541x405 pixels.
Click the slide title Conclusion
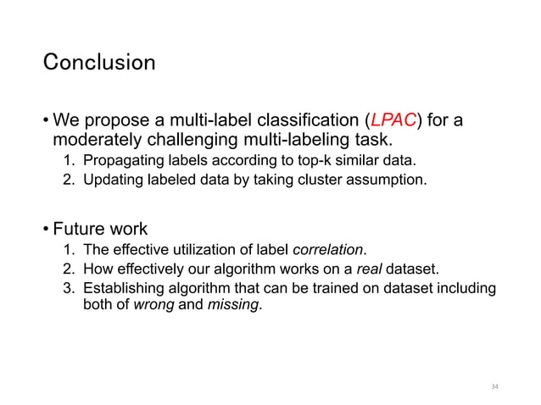[99, 63]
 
